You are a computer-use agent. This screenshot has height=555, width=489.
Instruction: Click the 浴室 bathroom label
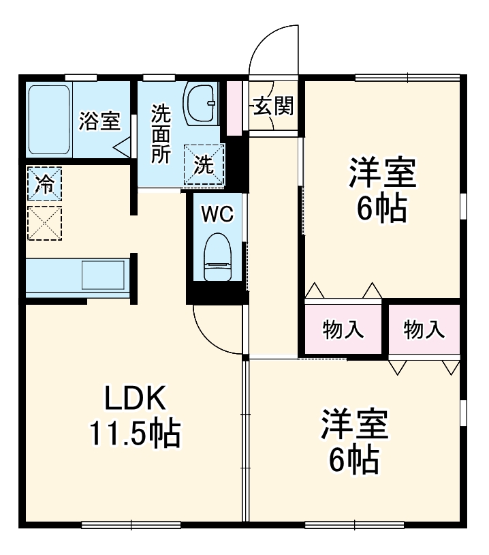[99, 121]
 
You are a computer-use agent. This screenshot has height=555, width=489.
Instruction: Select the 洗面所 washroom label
[161, 133]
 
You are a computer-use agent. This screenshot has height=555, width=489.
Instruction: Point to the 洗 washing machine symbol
[204, 164]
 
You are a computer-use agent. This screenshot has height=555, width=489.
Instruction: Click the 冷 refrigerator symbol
[44, 184]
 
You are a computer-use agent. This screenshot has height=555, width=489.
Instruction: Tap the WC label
[217, 214]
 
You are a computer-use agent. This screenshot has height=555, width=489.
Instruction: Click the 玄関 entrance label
[274, 106]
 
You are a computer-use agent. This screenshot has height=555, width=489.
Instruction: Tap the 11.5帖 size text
[135, 434]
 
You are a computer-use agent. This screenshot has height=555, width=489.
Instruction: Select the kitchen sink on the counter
[103, 275]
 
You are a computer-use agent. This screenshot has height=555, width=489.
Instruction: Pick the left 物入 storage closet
[343, 330]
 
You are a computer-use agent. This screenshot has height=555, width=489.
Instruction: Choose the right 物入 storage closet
[424, 330]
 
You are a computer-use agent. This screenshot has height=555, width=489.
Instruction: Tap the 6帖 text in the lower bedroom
[354, 461]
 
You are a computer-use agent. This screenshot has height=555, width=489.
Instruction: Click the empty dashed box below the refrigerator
[44, 222]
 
